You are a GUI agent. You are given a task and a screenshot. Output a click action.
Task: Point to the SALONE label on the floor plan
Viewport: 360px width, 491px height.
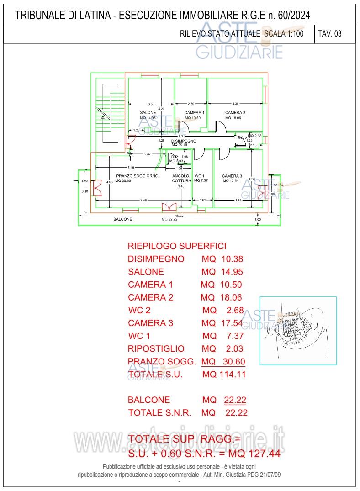[148, 112]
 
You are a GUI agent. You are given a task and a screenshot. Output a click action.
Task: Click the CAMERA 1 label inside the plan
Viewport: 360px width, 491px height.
[194, 112]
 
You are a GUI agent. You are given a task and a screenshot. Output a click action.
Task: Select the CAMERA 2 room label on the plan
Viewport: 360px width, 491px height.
[235, 112]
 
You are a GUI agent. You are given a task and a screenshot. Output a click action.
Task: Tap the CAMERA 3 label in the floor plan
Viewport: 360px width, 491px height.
[232, 176]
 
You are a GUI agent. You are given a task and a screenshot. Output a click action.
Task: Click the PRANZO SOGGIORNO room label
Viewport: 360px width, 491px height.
[137, 176]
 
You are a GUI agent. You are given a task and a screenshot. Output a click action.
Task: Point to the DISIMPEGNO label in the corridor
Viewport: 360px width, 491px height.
[184, 141]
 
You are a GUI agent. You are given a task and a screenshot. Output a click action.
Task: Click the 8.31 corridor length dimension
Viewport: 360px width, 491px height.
[181, 136]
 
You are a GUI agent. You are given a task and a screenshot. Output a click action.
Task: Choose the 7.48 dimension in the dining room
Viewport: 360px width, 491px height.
[143, 200]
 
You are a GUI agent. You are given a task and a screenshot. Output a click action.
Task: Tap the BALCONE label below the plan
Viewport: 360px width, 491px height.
[122, 219]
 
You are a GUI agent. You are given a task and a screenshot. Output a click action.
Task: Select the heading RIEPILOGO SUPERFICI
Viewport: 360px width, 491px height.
[177, 246]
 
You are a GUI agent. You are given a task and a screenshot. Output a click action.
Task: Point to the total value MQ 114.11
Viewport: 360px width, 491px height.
[224, 375]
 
